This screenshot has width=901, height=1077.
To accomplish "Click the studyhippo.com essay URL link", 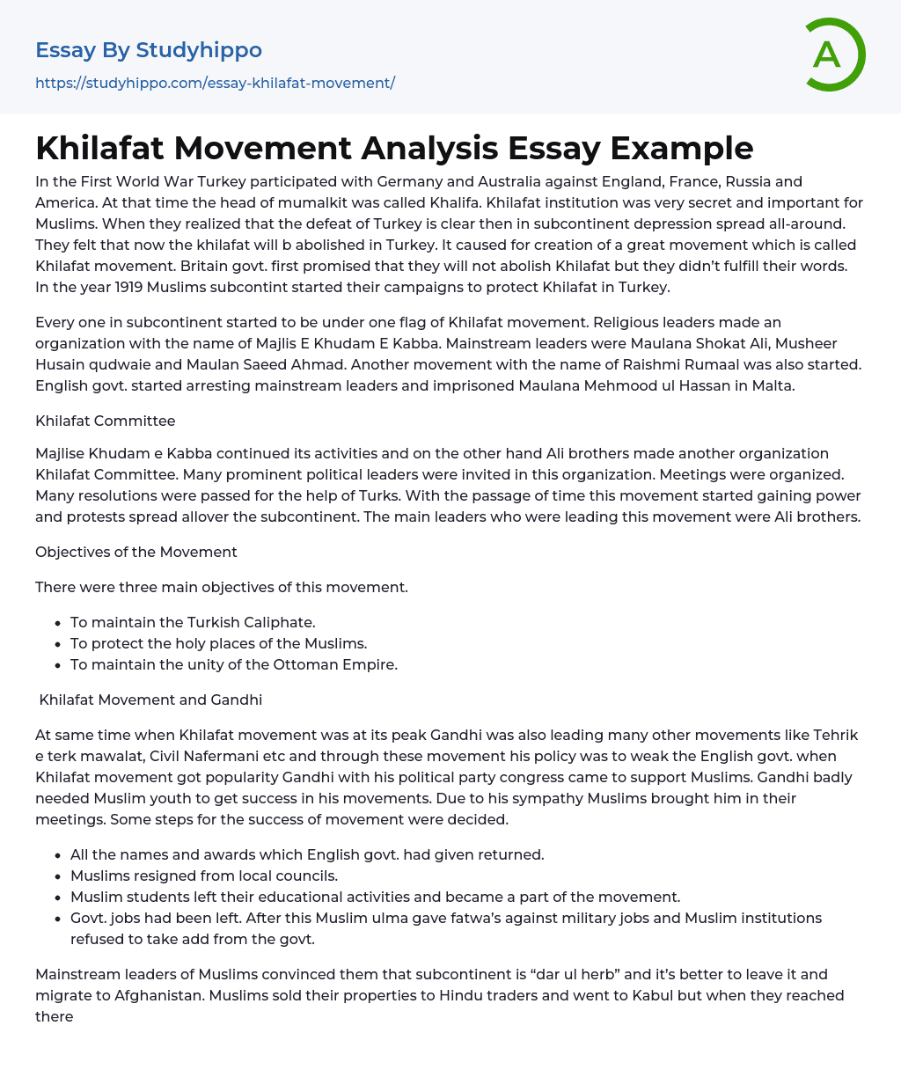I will pyautogui.click(x=215, y=83).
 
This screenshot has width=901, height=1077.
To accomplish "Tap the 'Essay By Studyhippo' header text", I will pyautogui.click(x=149, y=49).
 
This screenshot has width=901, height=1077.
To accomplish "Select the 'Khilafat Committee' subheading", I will pyautogui.click(x=106, y=421).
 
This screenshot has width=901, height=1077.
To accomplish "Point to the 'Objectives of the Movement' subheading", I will pyautogui.click(x=136, y=553).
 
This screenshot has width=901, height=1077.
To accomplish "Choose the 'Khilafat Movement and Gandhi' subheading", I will pyautogui.click(x=150, y=700).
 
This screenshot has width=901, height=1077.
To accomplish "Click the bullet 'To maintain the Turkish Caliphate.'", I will pyautogui.click(x=193, y=623).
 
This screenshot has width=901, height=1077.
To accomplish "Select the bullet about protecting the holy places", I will pyautogui.click(x=218, y=644).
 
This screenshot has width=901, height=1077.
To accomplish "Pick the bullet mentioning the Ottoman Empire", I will pyautogui.click(x=234, y=665).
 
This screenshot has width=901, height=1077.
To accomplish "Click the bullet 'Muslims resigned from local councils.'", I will pyautogui.click(x=204, y=876).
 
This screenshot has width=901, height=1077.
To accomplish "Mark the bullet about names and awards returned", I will pyautogui.click(x=307, y=855).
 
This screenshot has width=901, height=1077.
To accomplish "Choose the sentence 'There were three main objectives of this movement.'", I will pyautogui.click(x=222, y=587).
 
